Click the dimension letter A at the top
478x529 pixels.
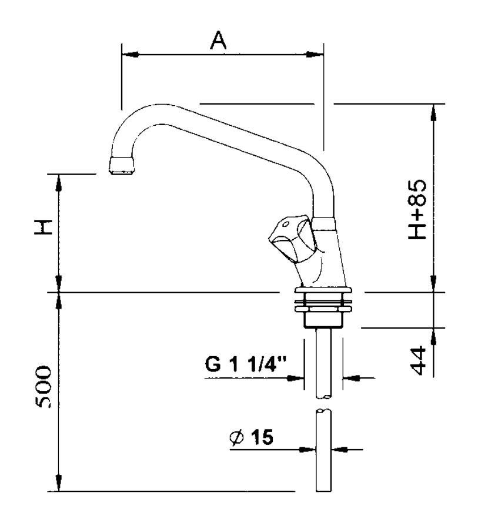(x=219, y=40)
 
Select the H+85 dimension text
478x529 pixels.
(x=417, y=209)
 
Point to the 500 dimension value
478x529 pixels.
(x=44, y=386)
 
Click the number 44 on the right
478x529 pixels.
(x=419, y=360)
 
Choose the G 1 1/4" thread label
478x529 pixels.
(x=246, y=364)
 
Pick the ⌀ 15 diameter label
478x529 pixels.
(x=252, y=437)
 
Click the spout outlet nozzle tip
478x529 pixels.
(x=121, y=165)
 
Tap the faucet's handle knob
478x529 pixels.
(x=293, y=239)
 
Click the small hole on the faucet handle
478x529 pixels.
(x=286, y=224)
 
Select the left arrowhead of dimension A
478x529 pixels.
(x=131, y=54)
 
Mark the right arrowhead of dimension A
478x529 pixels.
(x=315, y=54)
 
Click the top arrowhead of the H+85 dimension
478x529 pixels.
(x=434, y=112)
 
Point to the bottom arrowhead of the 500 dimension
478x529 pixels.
(x=59, y=483)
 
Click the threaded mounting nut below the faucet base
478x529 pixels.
(x=323, y=310)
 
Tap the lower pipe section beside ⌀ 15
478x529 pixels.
(x=323, y=450)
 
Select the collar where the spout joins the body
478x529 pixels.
(x=324, y=225)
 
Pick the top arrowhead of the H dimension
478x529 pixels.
(x=59, y=183)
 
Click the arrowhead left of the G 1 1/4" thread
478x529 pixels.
(x=295, y=378)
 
